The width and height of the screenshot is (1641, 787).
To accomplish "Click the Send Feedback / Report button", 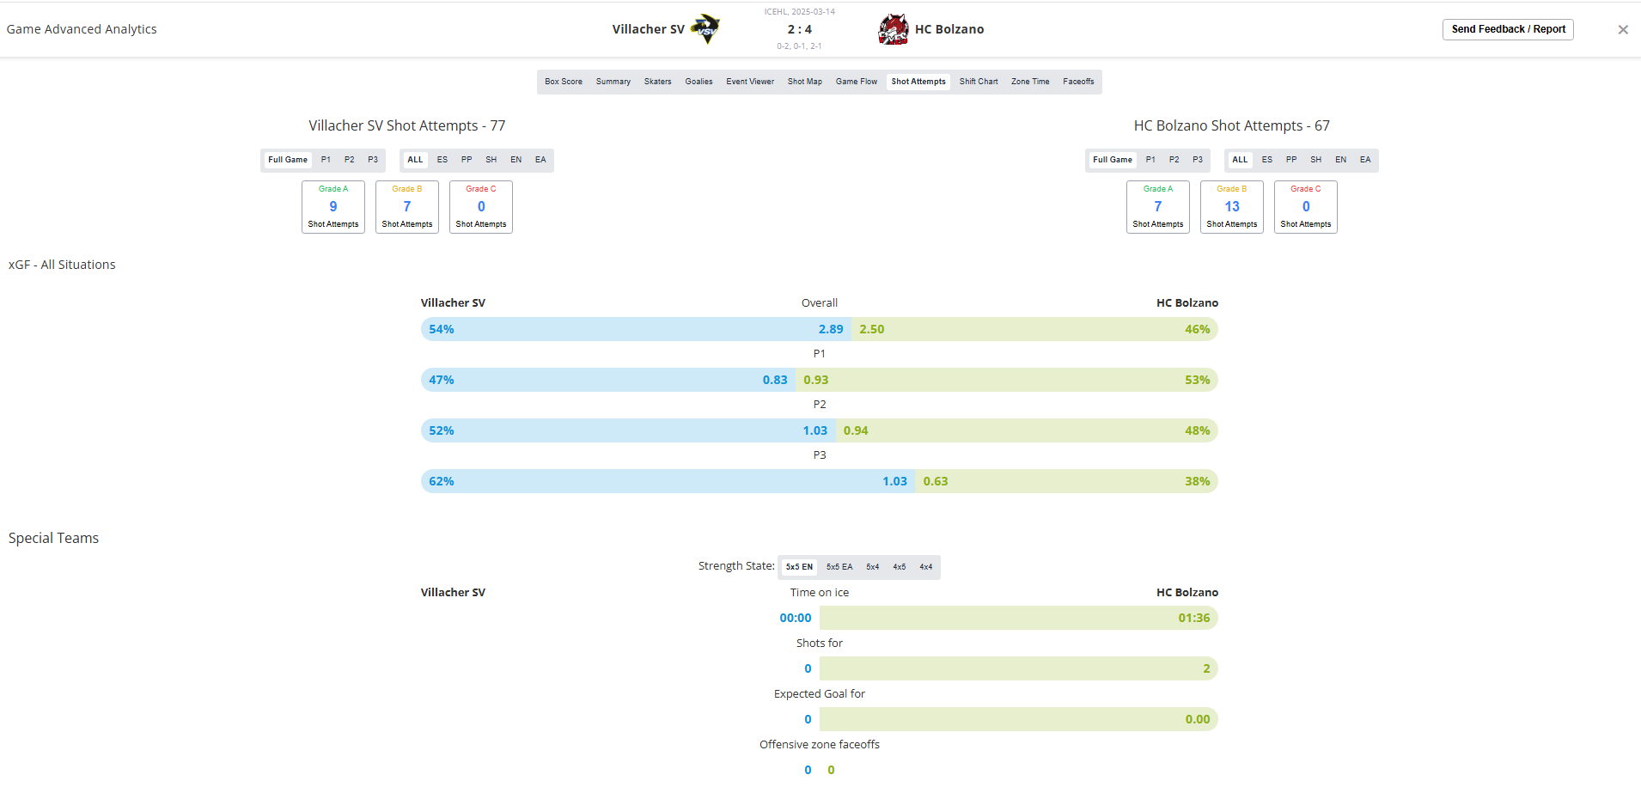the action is pyautogui.click(x=1508, y=29).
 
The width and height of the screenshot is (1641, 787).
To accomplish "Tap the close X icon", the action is pyautogui.click(x=1623, y=29).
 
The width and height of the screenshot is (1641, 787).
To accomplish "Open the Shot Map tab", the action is pyautogui.click(x=805, y=82).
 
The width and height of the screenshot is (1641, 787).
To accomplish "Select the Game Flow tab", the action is pyautogui.click(x=857, y=82).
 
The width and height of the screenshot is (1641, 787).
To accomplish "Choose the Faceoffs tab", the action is pyautogui.click(x=1078, y=82).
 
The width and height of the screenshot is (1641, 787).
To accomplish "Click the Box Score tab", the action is pyautogui.click(x=564, y=82).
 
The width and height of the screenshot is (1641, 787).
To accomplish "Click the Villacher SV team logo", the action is pyautogui.click(x=706, y=29).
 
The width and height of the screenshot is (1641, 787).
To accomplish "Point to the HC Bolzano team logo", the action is pyautogui.click(x=894, y=29).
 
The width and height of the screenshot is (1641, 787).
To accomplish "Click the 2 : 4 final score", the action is pyautogui.click(x=800, y=29).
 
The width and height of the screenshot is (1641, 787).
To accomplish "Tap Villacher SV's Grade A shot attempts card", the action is pyautogui.click(x=333, y=207).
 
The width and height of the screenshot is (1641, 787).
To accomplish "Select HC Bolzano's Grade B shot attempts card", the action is pyautogui.click(x=1232, y=207).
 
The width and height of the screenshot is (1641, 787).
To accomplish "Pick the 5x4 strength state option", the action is pyautogui.click(x=873, y=567).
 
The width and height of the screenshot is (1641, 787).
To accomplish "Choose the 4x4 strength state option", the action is pyautogui.click(x=926, y=567).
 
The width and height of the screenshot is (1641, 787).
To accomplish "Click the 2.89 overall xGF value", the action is pyautogui.click(x=831, y=329).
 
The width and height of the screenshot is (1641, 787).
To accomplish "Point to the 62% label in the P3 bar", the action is pyautogui.click(x=442, y=481).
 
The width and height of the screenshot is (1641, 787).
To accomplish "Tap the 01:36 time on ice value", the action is pyautogui.click(x=1194, y=618).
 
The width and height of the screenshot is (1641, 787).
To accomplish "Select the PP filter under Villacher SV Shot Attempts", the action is pyautogui.click(x=467, y=160).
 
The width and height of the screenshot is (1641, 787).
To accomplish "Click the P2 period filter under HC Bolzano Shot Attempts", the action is pyautogui.click(x=1174, y=160).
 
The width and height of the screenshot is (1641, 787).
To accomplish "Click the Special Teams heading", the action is pyautogui.click(x=53, y=539).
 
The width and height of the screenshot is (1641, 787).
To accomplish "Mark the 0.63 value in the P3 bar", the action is pyautogui.click(x=936, y=481).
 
